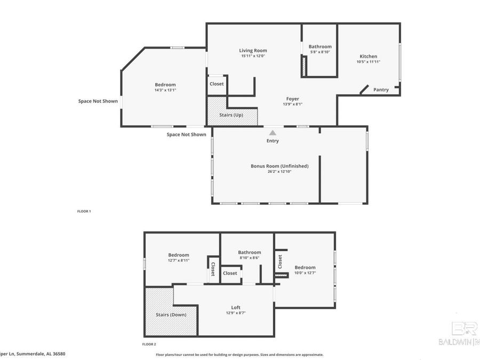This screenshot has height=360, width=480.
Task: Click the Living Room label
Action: (253, 51)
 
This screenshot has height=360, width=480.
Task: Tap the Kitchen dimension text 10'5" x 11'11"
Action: (368, 62)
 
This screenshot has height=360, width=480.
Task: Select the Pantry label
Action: (381, 90)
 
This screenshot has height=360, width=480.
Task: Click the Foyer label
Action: (292, 99)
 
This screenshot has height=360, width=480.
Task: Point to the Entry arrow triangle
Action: (273, 133)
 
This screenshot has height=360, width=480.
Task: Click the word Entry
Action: (273, 141)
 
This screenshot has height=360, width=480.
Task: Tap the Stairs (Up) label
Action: (231, 115)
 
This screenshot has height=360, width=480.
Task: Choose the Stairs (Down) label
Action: (171, 315)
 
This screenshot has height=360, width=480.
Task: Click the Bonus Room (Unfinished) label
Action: (279, 166)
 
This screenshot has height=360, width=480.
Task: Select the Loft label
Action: (236, 307)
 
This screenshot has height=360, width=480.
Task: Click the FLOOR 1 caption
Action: (84, 211)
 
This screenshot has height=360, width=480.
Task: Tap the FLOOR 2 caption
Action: (149, 344)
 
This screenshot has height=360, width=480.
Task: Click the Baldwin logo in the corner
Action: (458, 334)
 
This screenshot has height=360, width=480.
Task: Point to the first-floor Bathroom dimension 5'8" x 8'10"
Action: (321, 52)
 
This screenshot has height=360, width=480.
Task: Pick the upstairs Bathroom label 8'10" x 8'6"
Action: (249, 252)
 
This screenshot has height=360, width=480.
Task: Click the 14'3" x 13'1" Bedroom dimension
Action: (165, 90)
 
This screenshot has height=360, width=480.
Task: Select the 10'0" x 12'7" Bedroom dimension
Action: (305, 273)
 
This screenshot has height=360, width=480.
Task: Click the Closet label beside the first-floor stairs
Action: (217, 84)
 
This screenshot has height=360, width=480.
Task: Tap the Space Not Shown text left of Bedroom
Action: (98, 101)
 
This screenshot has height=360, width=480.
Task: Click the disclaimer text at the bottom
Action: (239, 354)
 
